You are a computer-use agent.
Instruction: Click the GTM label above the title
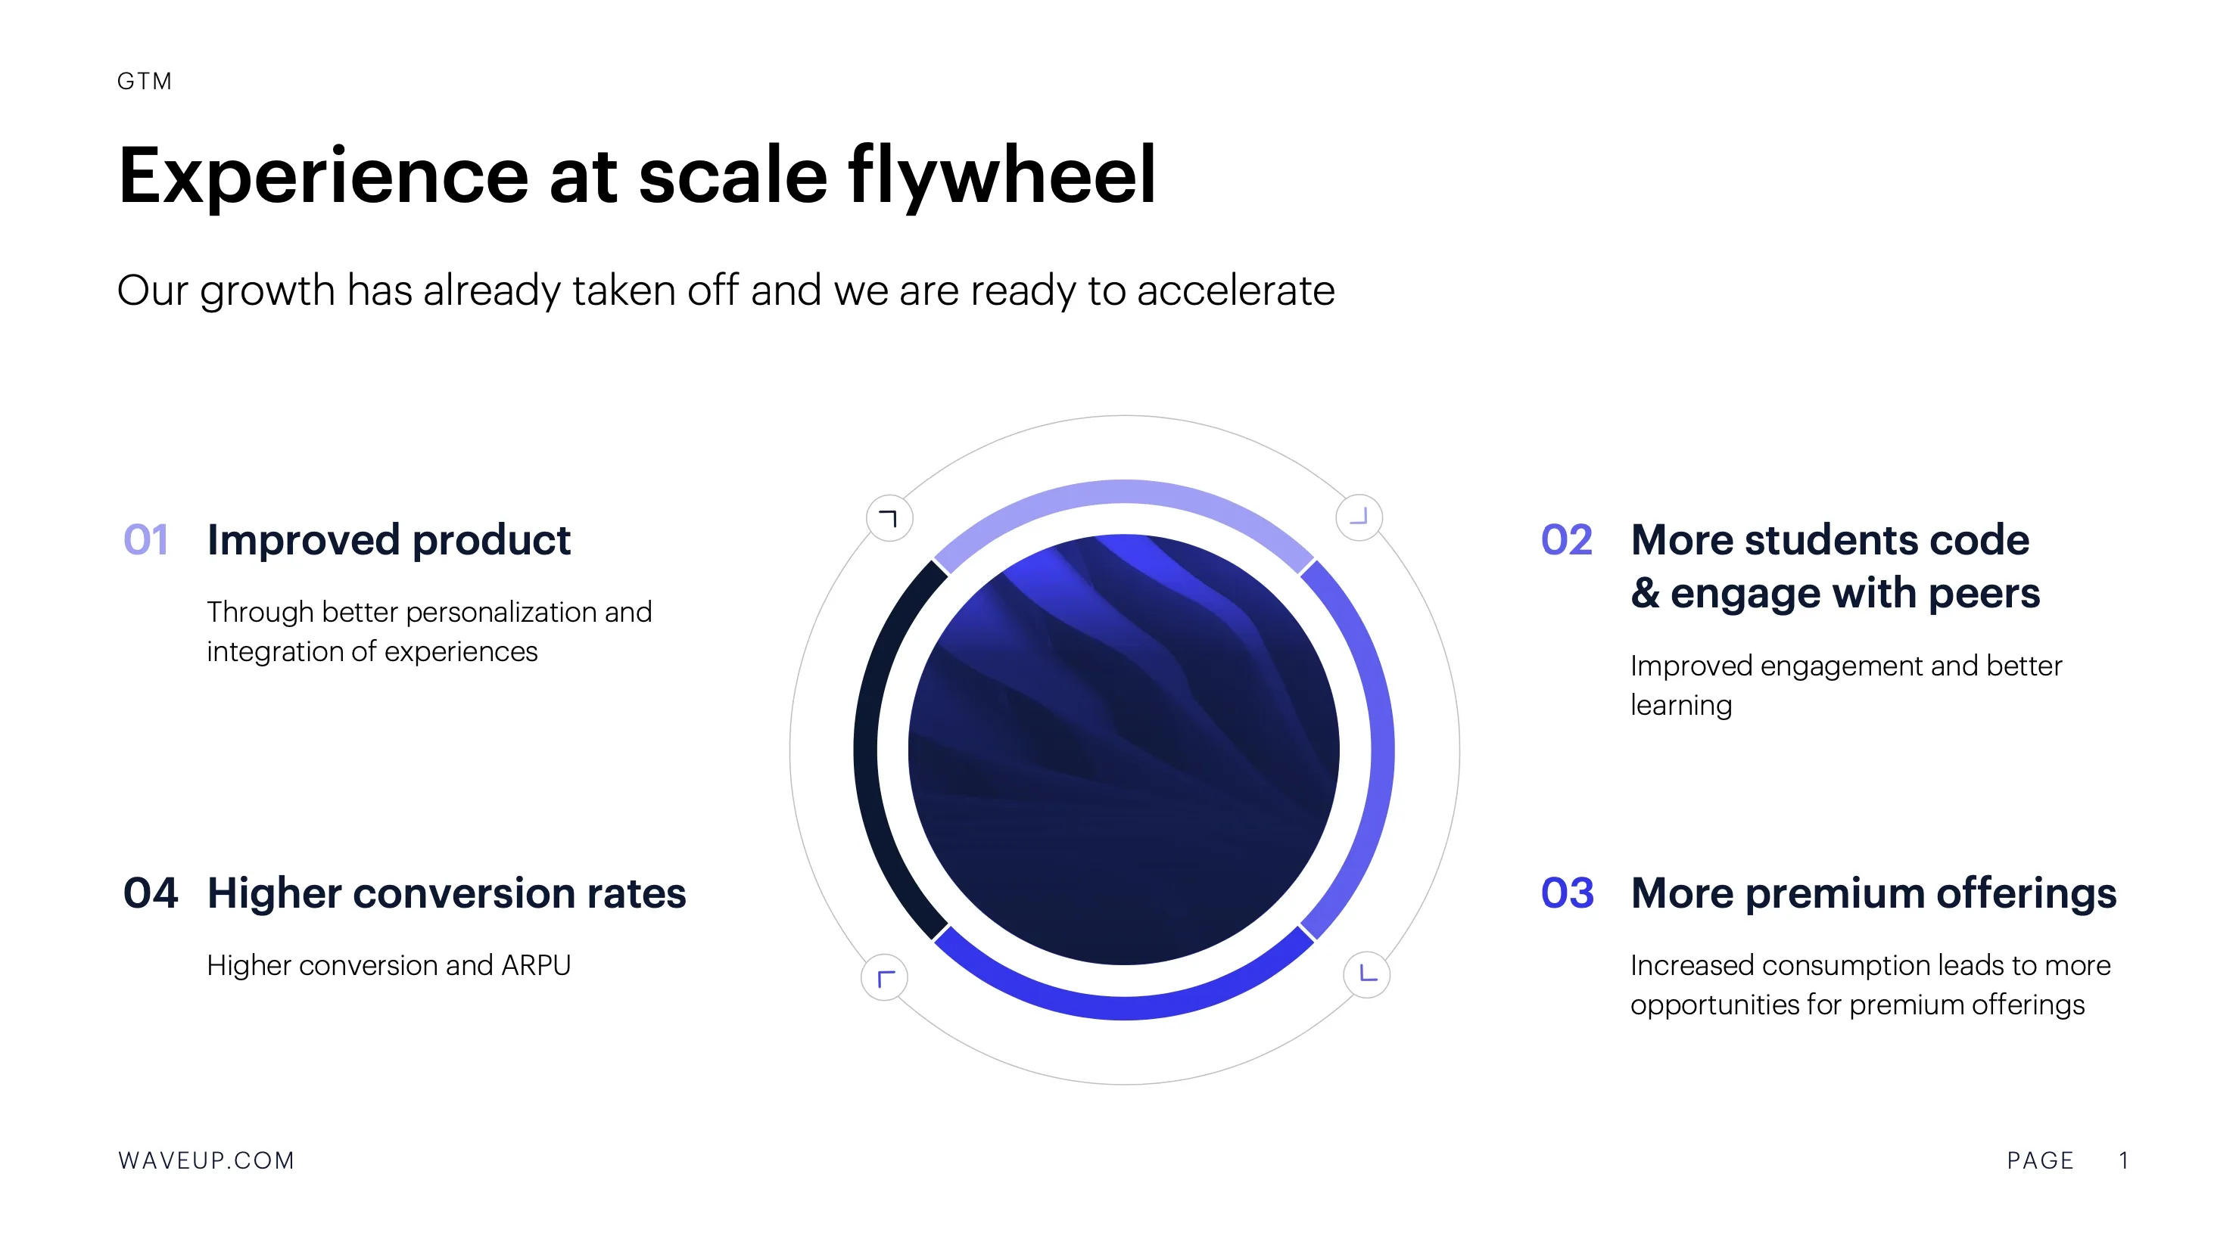[145, 82]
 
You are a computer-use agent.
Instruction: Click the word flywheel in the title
[1002, 176]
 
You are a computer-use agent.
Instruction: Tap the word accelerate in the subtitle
[1235, 290]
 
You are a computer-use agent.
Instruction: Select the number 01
[146, 539]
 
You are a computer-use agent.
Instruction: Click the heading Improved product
[388, 540]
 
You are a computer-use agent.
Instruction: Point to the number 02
[1566, 539]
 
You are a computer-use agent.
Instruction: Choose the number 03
[1567, 893]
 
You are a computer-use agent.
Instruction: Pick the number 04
[151, 893]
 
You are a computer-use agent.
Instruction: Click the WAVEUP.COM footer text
[206, 1161]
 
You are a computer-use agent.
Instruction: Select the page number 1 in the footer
[2123, 1161]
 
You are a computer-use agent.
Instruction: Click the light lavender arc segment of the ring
[1124, 492]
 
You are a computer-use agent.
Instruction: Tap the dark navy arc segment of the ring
[867, 749]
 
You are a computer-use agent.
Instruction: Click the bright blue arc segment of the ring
[1124, 1008]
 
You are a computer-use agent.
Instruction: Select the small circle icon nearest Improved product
[889, 519]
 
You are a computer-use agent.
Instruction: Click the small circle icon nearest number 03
[1366, 975]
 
